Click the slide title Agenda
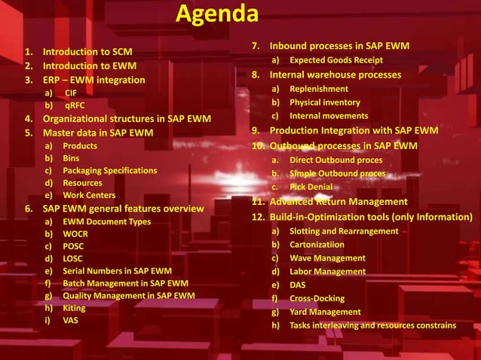click(x=217, y=14)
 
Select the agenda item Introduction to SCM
click(x=87, y=53)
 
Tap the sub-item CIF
click(x=71, y=93)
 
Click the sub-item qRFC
click(x=75, y=106)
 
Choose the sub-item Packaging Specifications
click(x=109, y=170)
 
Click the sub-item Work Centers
click(x=89, y=195)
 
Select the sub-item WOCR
click(x=75, y=233)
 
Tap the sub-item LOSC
click(x=73, y=258)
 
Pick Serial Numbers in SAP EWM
click(x=117, y=270)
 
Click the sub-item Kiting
click(x=74, y=308)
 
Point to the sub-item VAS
click(x=70, y=320)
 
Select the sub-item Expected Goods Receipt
click(x=335, y=60)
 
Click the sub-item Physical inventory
click(x=325, y=102)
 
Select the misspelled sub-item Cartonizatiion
click(x=317, y=245)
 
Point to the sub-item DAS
click(x=298, y=285)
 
